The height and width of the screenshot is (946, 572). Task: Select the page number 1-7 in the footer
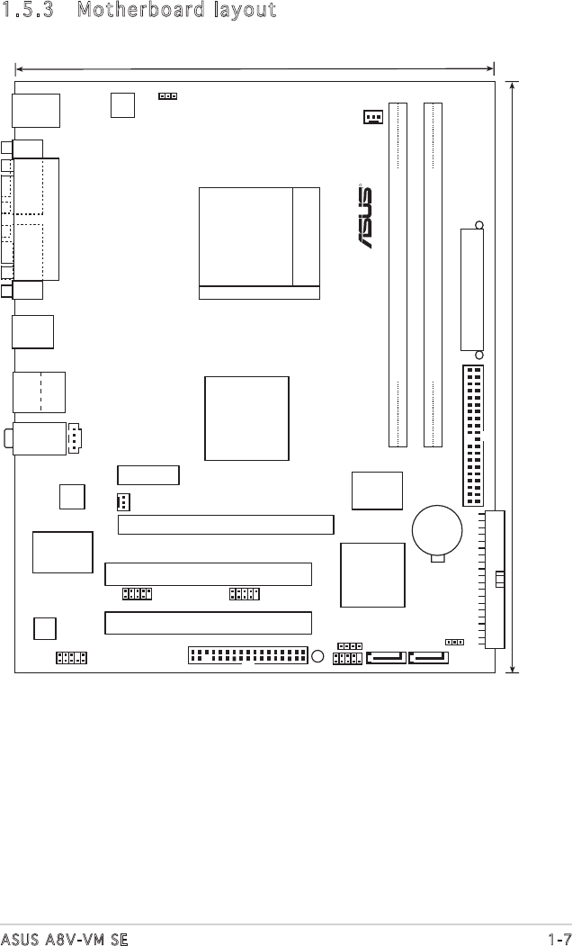pyautogui.click(x=560, y=939)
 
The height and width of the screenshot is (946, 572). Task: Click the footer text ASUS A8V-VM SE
pyautogui.click(x=64, y=939)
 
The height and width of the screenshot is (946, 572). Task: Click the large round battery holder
pyautogui.click(x=437, y=532)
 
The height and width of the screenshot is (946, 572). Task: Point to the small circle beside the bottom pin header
pyautogui.click(x=319, y=656)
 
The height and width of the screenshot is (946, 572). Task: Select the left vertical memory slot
pyautogui.click(x=398, y=275)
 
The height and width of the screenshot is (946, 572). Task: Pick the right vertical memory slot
pyautogui.click(x=433, y=275)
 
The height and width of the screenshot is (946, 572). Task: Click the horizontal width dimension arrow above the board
pyautogui.click(x=255, y=69)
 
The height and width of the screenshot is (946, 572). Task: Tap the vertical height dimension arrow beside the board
pyautogui.click(x=512, y=377)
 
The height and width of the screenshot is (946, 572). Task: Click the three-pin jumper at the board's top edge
pyautogui.click(x=167, y=96)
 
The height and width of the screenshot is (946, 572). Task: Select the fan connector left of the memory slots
pyautogui.click(x=373, y=116)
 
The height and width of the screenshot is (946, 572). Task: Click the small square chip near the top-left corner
pyautogui.click(x=123, y=105)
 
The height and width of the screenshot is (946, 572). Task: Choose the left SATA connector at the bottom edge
pyautogui.click(x=386, y=657)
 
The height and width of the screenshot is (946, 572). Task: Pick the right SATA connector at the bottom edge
pyautogui.click(x=428, y=657)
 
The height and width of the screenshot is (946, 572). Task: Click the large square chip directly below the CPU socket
pyautogui.click(x=246, y=419)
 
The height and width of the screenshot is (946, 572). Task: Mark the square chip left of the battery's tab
pyautogui.click(x=372, y=575)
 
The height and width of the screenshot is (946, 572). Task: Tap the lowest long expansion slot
pyautogui.click(x=208, y=623)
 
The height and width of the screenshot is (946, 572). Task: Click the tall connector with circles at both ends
pyautogui.click(x=472, y=290)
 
